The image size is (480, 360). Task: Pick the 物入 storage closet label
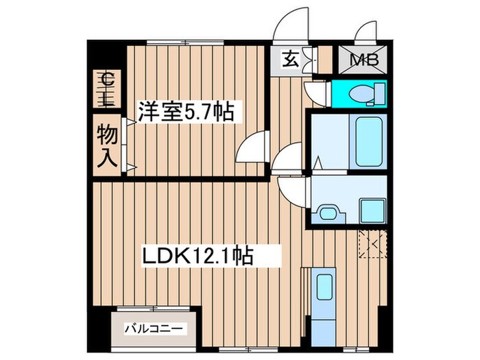(106, 145)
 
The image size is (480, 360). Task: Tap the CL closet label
(106, 88)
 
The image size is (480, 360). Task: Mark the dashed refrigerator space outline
(373, 244)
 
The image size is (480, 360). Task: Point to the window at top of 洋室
(186, 43)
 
